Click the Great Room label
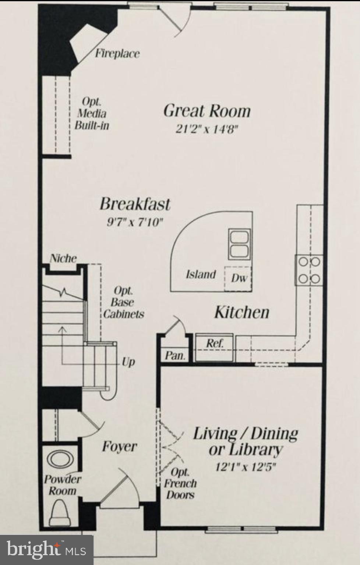coord(207,111)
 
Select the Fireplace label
coord(117,54)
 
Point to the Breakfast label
coord(135,204)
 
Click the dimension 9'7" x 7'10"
coord(135,222)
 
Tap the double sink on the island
coord(239,244)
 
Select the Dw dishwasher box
coord(239,278)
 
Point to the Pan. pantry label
coord(175,356)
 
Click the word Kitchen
coord(242,312)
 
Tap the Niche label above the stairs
coord(63,258)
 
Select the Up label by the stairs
coord(128,362)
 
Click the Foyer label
coord(119,447)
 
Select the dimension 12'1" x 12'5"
coord(246,467)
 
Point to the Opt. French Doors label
coord(180,483)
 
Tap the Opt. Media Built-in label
coord(92,114)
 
